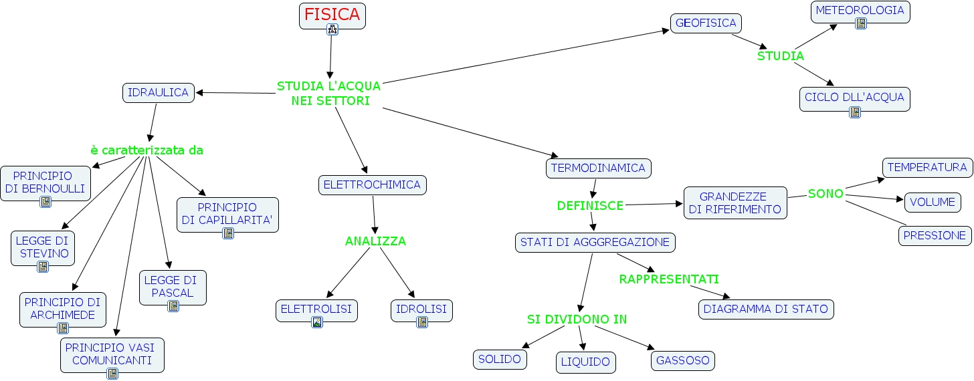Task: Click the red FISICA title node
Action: [x=332, y=14]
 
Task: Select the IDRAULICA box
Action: [x=158, y=92]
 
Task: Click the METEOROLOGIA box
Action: [x=860, y=11]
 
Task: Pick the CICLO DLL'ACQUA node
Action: [x=854, y=98]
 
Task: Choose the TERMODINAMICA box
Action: [x=598, y=168]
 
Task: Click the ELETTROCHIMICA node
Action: [x=372, y=185]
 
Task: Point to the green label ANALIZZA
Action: [x=375, y=241]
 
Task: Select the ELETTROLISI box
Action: [x=316, y=309]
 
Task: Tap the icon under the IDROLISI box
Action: [x=421, y=322]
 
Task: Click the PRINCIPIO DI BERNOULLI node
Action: [x=45, y=182]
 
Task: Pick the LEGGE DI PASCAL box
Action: [x=173, y=286]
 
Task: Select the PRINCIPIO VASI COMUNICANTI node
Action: [x=112, y=354]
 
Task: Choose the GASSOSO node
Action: [x=682, y=360]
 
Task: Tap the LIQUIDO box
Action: [x=585, y=362]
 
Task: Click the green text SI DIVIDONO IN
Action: [x=577, y=320]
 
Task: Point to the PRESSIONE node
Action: [x=935, y=235]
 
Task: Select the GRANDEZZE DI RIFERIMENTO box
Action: [x=735, y=203]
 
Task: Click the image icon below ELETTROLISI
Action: [x=317, y=322]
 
